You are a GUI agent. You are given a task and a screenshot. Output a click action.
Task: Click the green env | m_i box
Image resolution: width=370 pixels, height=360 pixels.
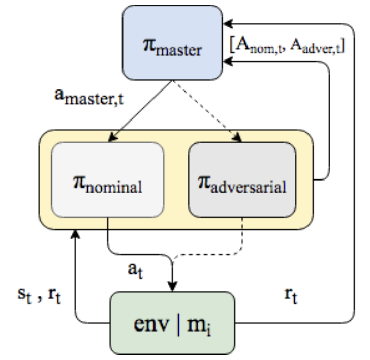172,323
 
